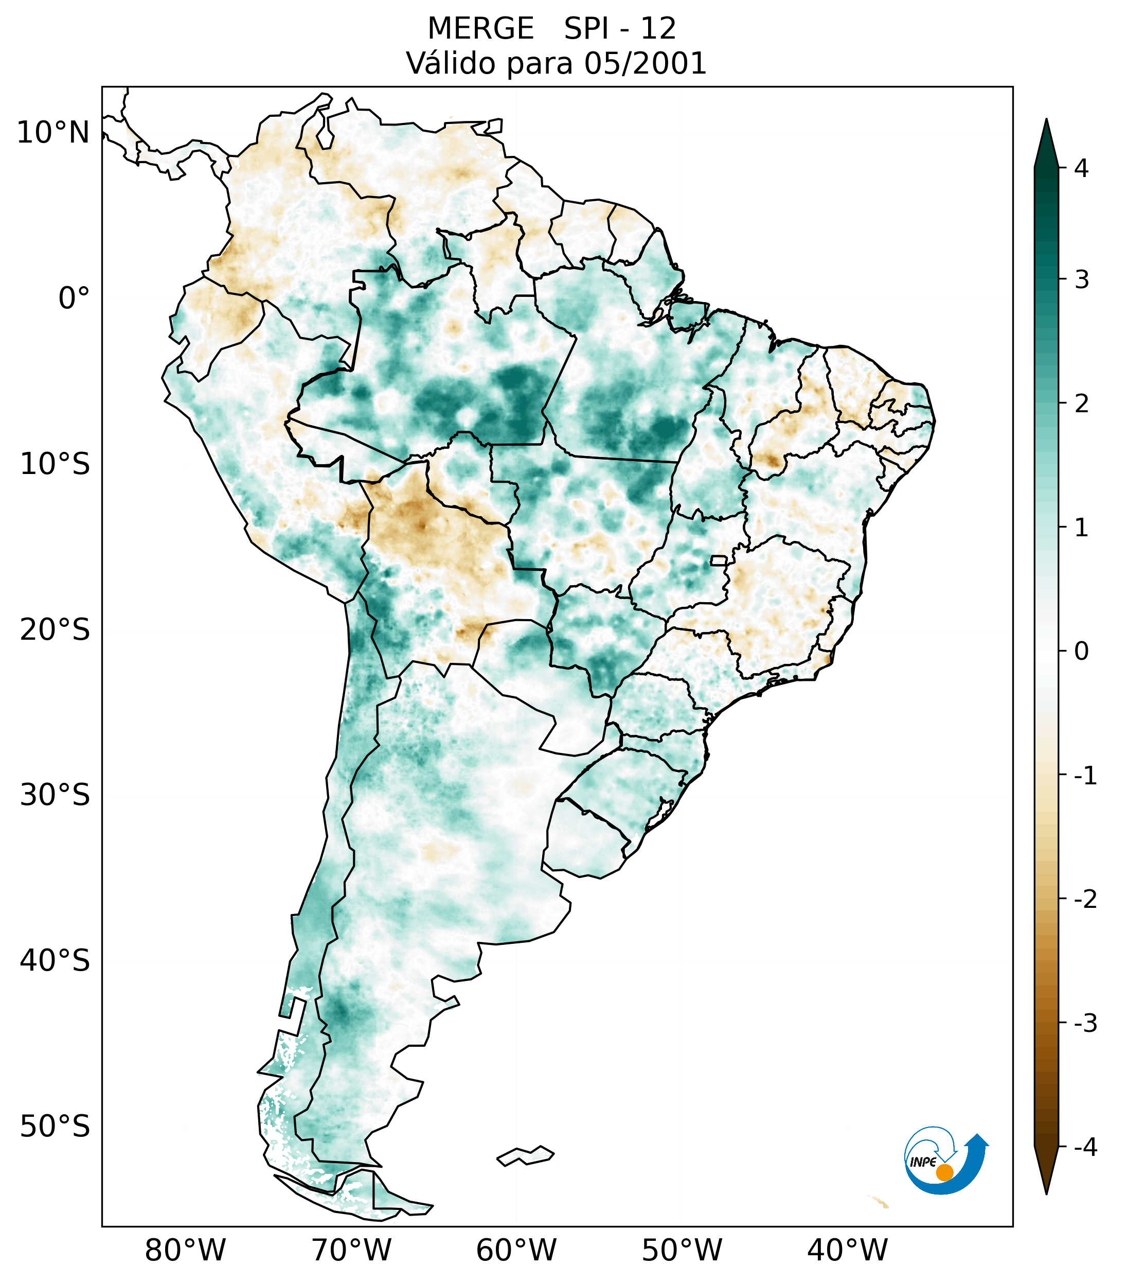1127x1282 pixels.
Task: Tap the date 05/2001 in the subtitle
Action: pos(645,63)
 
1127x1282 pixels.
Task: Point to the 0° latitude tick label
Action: pos(74,298)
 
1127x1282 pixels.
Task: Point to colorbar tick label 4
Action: pos(1081,168)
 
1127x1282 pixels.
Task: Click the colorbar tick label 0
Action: pos(1081,652)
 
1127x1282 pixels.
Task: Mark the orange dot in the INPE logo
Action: pos(944,1172)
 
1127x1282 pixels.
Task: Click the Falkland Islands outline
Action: pos(525,1155)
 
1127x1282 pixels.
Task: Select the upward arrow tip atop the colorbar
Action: pos(1046,126)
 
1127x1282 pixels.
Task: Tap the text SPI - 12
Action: pos(620,29)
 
